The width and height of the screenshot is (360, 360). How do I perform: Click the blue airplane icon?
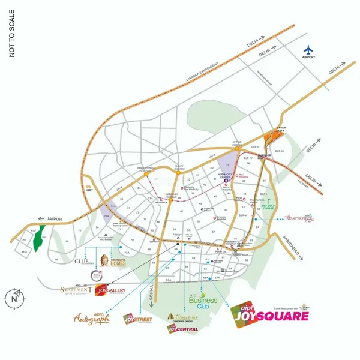tap(309, 49)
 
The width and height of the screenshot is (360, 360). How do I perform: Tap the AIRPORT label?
tap(309, 59)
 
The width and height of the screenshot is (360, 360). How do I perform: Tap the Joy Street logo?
tap(137, 317)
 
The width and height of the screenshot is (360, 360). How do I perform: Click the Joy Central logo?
tap(182, 329)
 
